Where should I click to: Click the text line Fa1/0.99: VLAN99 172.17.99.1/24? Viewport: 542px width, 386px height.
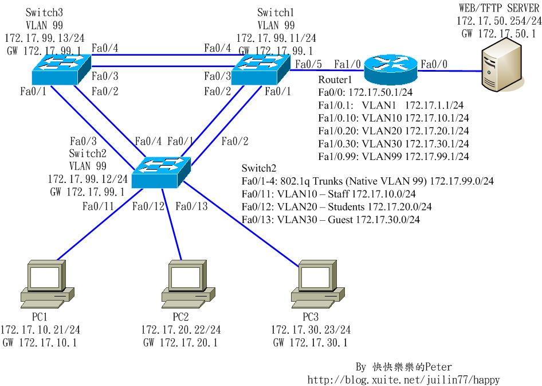click(x=394, y=156)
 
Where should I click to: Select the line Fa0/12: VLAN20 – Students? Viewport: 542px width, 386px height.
click(x=337, y=206)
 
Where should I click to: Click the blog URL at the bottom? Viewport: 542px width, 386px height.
click(x=407, y=379)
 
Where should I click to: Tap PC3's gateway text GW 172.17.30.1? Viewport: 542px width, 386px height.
click(x=310, y=343)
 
